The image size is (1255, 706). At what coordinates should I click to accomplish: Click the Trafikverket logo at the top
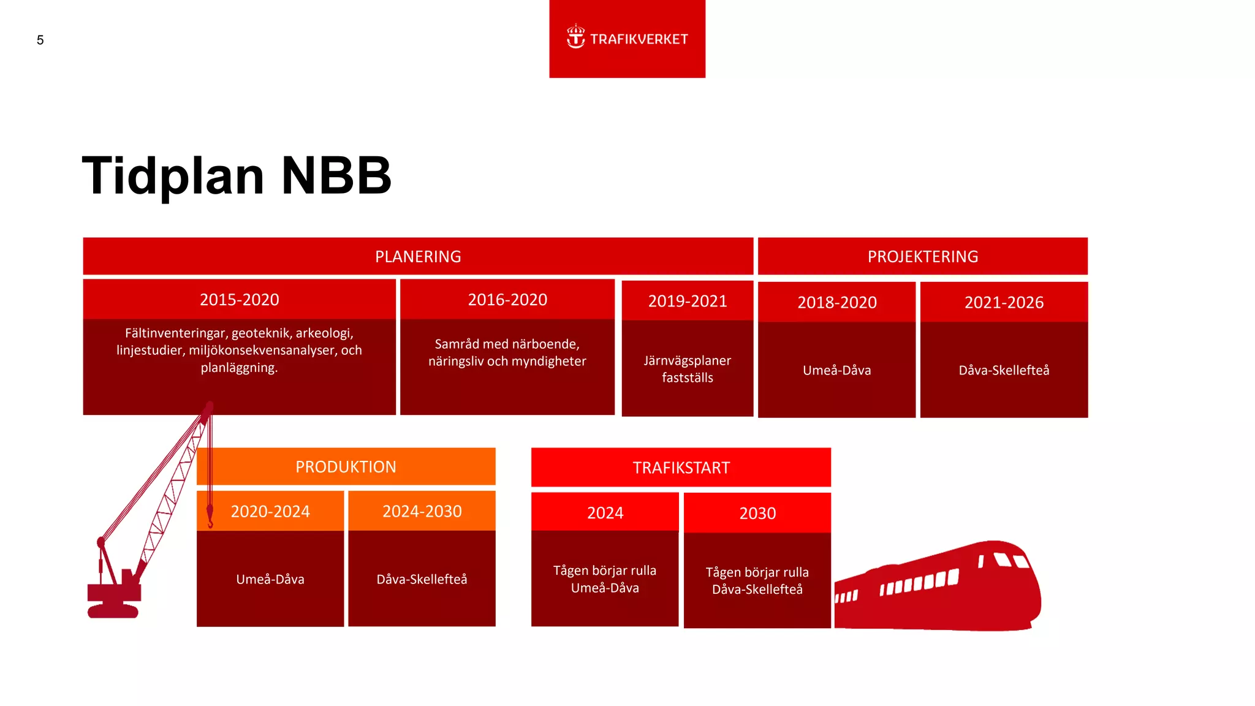(x=627, y=39)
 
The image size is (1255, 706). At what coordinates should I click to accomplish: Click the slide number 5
(x=40, y=40)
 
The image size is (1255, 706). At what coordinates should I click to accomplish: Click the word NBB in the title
(x=336, y=176)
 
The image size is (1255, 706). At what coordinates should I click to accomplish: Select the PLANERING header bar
(x=418, y=256)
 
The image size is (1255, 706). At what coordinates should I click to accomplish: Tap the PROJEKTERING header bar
(x=922, y=256)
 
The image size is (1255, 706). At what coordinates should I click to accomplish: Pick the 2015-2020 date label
(x=239, y=300)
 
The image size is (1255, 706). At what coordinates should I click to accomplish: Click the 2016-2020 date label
(x=507, y=300)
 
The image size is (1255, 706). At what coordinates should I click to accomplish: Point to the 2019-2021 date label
(x=687, y=301)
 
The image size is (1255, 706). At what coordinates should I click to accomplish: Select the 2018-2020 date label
(x=836, y=302)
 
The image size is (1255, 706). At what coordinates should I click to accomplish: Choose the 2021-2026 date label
(x=1004, y=302)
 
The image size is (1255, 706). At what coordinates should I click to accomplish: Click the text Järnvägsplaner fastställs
(x=687, y=369)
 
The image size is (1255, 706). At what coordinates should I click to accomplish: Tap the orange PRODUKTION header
(x=346, y=467)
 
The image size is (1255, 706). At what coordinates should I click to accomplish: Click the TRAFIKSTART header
(x=681, y=468)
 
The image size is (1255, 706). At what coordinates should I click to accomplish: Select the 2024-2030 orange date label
(x=422, y=511)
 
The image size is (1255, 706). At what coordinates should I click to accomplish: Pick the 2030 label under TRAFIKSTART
(x=757, y=514)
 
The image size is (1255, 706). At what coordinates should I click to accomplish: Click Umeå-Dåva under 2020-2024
(x=270, y=579)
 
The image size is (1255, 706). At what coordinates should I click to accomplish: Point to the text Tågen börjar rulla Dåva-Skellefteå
(x=757, y=581)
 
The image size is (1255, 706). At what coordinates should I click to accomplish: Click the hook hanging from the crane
(x=210, y=518)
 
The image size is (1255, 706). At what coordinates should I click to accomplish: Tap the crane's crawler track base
(x=113, y=611)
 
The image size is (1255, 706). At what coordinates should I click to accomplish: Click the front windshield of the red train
(x=1011, y=561)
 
